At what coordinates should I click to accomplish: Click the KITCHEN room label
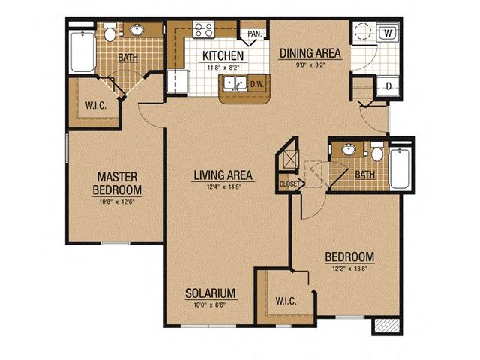point(223,55)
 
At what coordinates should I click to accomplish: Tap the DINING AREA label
point(310,53)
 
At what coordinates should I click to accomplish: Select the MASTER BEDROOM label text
point(117,183)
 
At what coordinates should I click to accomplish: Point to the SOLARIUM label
point(211,293)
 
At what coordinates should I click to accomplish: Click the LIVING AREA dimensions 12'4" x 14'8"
point(224,187)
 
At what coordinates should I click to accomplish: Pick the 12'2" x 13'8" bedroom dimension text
point(349,268)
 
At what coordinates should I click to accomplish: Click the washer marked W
point(388,33)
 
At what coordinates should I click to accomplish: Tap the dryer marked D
point(388,87)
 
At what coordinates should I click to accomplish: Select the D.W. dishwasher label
point(257,84)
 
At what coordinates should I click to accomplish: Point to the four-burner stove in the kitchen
point(203,30)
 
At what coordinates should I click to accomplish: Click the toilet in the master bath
point(109,32)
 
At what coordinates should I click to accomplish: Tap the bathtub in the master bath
point(82,52)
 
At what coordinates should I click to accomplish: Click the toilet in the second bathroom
point(377,151)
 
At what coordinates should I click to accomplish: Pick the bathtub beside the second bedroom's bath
point(400,168)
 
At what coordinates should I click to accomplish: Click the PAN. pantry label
point(255,34)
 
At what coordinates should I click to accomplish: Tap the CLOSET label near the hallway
point(289,184)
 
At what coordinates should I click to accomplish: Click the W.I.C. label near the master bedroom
point(96,106)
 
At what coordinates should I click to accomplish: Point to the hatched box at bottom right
point(388,325)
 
